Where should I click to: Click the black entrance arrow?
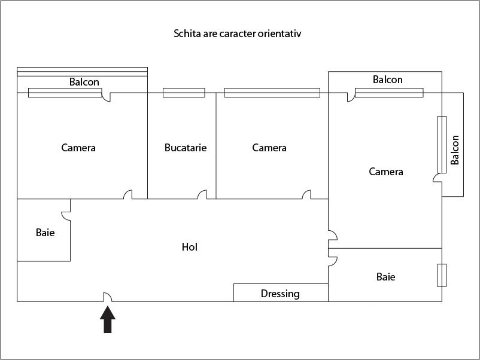(108, 319)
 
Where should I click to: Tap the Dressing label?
(280, 294)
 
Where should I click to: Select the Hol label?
(190, 247)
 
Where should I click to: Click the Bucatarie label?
(186, 148)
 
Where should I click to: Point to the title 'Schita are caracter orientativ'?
(237, 33)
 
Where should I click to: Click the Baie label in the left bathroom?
(45, 233)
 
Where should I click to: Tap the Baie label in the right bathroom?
(385, 277)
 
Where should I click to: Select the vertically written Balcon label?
(455, 150)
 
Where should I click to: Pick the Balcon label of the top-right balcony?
(387, 80)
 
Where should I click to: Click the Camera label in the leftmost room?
(78, 148)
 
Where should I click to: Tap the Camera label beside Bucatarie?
(269, 148)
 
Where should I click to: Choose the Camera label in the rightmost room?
(386, 172)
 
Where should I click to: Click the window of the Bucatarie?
(184, 93)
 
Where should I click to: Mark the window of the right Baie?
(442, 275)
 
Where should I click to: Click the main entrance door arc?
(108, 297)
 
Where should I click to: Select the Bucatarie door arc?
(202, 194)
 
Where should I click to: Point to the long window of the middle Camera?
(272, 93)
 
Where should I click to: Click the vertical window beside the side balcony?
(442, 144)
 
